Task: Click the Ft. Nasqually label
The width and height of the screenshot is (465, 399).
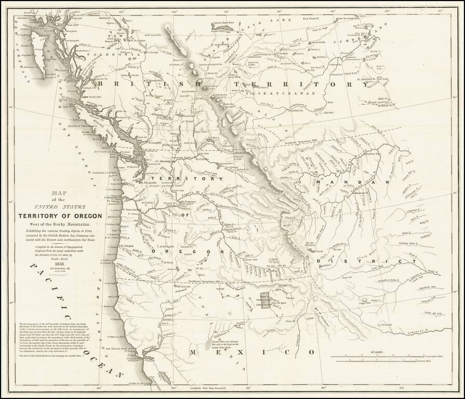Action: tap(151, 183)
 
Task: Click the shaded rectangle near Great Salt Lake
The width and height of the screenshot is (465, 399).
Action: tap(265, 300)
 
